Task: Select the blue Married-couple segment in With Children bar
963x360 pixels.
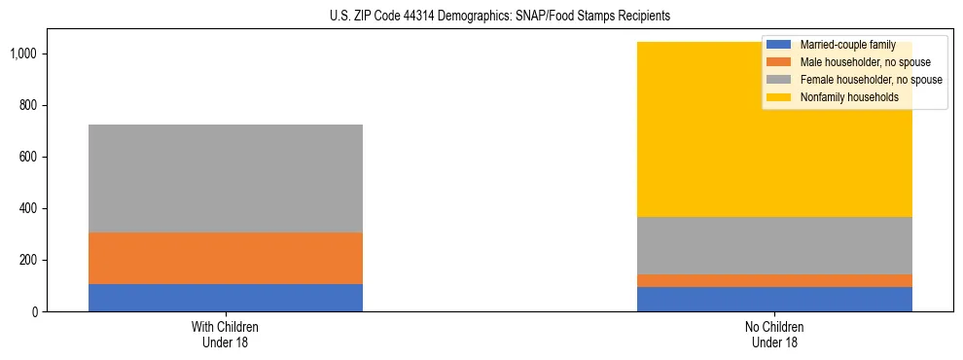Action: click(226, 298)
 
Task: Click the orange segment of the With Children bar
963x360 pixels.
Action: click(226, 258)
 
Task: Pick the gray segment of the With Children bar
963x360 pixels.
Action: click(226, 178)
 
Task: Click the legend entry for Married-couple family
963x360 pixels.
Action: click(846, 45)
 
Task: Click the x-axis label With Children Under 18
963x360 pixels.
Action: click(226, 334)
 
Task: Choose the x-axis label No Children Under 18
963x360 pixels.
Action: click(774, 334)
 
